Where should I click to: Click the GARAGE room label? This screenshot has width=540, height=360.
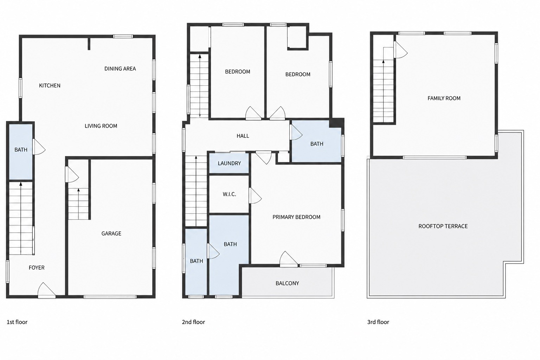click(x=111, y=233)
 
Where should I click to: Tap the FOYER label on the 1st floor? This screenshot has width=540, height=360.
click(x=37, y=268)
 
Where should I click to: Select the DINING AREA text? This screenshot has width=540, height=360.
click(x=120, y=69)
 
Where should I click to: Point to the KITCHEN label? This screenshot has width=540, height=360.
click(x=50, y=85)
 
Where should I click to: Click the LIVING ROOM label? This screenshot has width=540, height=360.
click(x=101, y=126)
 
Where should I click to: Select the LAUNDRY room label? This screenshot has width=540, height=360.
click(x=229, y=163)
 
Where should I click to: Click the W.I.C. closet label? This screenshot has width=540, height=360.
click(x=229, y=194)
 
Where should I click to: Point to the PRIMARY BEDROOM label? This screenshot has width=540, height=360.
click(x=296, y=217)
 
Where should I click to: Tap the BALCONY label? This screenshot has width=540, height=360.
click(x=287, y=283)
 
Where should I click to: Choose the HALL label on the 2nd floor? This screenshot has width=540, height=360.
click(x=243, y=136)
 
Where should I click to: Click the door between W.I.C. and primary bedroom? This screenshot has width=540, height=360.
click(x=255, y=195)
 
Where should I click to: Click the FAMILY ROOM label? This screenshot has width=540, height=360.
click(x=444, y=98)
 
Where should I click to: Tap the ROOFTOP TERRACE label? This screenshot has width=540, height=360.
click(x=443, y=226)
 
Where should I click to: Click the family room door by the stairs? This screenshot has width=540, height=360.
click(x=400, y=50)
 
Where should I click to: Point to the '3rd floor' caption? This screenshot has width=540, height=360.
click(x=378, y=322)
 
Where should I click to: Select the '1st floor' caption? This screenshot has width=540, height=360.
click(x=17, y=322)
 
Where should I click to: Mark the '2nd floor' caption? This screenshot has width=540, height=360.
click(x=193, y=322)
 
